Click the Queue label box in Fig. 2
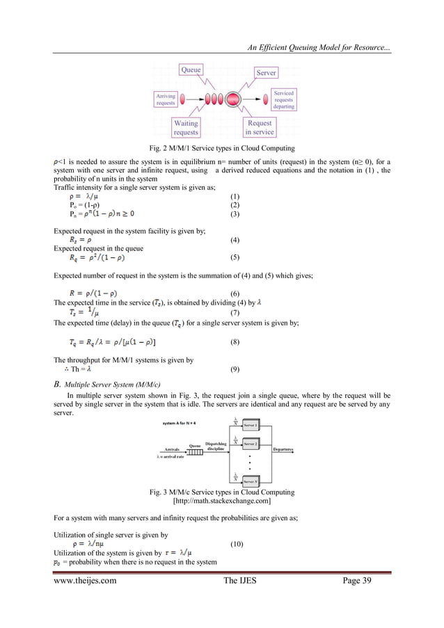191,70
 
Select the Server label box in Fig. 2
265,72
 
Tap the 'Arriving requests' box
166,99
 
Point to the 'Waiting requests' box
185,128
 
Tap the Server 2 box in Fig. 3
251,444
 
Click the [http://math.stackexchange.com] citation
221,501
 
